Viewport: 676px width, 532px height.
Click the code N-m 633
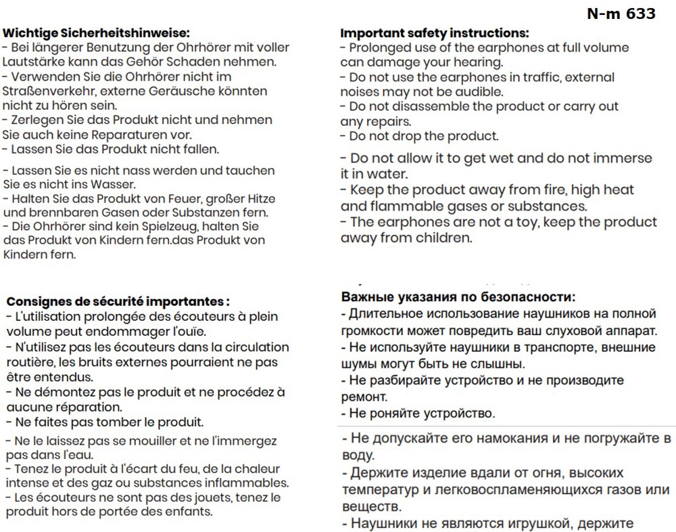[621, 14]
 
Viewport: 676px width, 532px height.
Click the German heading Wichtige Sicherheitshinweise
[96, 32]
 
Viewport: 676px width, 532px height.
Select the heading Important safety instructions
[434, 32]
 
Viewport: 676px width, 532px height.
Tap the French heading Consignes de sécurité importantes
[118, 301]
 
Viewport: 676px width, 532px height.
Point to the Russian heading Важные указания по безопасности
[458, 297]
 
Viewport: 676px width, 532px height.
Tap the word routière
[30, 362]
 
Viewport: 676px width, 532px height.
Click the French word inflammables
[250, 483]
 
